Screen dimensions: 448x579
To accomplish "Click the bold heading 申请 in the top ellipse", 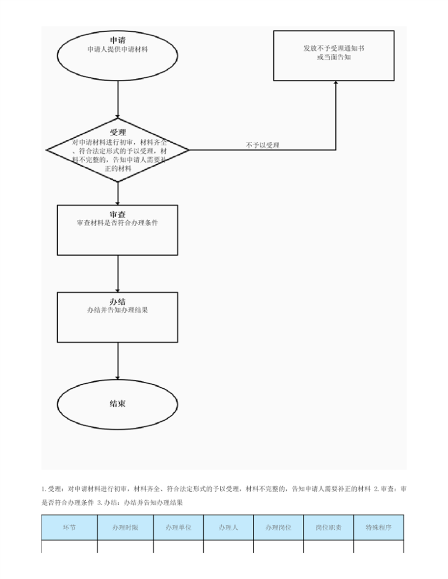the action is coord(118,40).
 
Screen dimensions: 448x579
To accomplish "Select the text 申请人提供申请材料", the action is coord(118,49).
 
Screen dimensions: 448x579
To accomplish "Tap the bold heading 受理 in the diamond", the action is coord(118,132).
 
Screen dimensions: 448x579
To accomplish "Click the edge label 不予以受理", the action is coord(263,145).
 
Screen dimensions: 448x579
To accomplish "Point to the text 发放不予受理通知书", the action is coord(334,48).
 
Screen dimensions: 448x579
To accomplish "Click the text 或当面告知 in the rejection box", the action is coord(334,57).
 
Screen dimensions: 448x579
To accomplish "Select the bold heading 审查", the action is coord(118,214).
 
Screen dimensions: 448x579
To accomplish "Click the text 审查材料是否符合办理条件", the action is coord(118,223).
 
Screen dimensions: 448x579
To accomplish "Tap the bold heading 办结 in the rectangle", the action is coord(118,302).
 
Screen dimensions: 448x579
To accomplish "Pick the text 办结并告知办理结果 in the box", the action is coord(118,310).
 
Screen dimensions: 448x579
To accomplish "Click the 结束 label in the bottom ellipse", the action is coord(118,403).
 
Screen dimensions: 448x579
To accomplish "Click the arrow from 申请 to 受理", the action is coord(118,100).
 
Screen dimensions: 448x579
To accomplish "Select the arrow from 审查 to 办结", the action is coord(118,274).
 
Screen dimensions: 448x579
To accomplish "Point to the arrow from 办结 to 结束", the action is coord(118,361).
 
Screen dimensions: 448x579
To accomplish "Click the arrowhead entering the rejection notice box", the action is coord(335,83).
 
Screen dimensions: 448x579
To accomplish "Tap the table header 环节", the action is coord(69,528).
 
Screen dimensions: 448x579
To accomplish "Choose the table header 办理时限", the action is coord(125,528).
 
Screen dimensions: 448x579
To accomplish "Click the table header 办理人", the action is coord(228,528).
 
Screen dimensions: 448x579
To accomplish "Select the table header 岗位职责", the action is coord(329,528).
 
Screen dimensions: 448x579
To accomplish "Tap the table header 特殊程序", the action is coord(379,528).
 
